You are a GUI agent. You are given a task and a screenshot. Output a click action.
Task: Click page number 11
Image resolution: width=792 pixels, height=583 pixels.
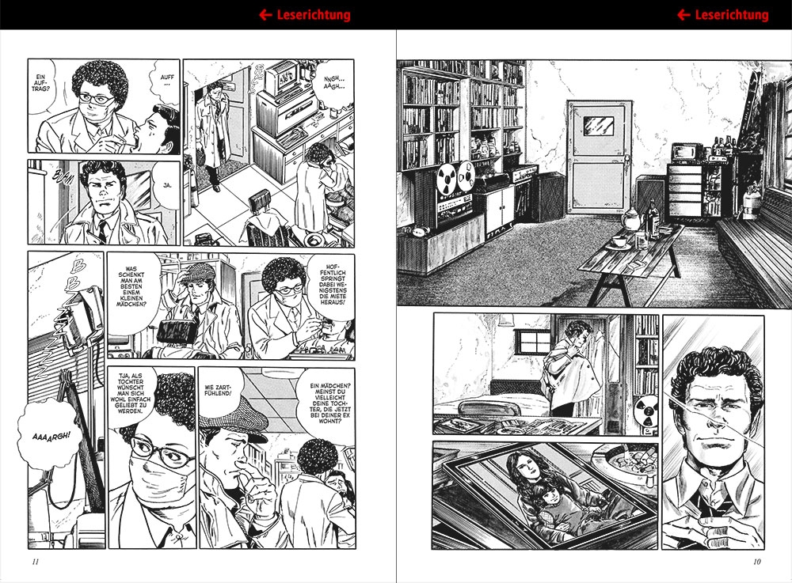point(36,562)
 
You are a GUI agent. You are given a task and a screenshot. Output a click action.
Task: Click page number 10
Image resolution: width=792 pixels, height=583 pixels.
point(756,562)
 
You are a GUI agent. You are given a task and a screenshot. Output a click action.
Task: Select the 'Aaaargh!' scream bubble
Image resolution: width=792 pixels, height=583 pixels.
point(51,436)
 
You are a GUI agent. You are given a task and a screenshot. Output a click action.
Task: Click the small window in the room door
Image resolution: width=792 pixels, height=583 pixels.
point(599,126)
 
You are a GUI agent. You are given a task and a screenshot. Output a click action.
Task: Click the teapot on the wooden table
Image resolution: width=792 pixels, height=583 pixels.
point(631,219)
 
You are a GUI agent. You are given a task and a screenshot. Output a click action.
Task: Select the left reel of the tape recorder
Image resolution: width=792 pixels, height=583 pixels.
point(447,179)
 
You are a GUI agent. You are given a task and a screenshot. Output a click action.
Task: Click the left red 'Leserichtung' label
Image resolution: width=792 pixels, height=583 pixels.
point(314,15)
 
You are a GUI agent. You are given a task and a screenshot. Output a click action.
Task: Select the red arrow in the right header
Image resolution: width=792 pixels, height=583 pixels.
point(683,15)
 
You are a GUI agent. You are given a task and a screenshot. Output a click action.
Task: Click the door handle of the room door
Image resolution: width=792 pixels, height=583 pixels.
point(626,160)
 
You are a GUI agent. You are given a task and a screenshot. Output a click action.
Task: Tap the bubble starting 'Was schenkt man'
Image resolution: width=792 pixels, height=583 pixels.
point(131,286)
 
